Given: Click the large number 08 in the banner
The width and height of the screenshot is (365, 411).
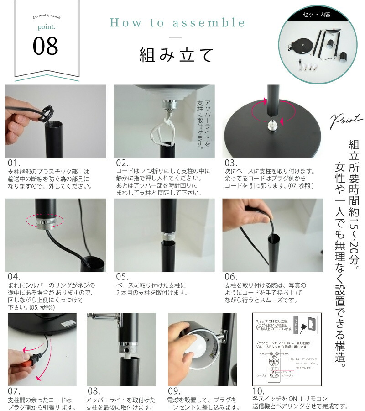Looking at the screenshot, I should (46, 46).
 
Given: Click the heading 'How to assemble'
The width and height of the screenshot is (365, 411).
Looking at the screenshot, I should (177, 23).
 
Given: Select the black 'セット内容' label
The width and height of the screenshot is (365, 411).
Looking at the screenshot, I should (317, 15).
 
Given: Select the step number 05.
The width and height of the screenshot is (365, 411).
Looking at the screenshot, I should (122, 277).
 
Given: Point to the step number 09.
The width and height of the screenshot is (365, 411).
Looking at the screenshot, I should (175, 391).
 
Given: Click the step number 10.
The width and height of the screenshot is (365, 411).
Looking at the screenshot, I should (258, 391).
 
